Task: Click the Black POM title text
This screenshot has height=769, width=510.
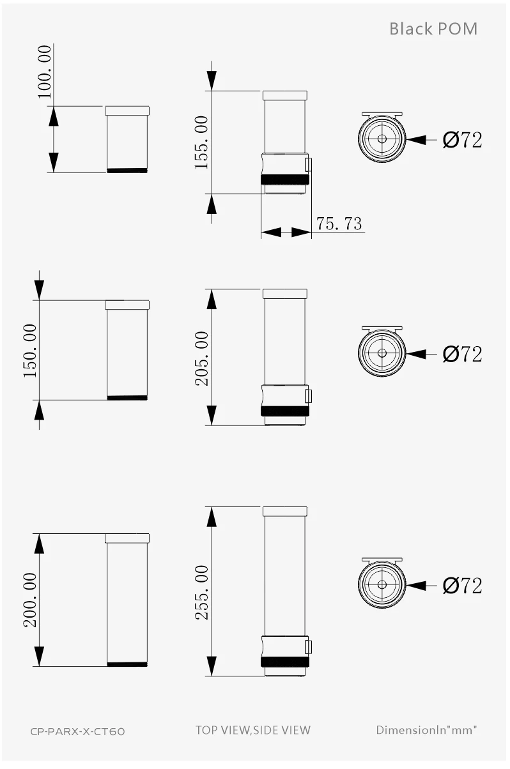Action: (433, 29)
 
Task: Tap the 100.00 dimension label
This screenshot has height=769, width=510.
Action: (45, 72)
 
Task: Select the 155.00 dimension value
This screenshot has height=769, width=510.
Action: (201, 142)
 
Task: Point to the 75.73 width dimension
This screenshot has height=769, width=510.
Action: (339, 224)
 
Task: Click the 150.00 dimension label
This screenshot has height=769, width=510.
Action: (30, 351)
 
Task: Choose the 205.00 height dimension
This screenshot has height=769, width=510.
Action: (201, 358)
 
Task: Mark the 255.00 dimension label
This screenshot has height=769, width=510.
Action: (201, 592)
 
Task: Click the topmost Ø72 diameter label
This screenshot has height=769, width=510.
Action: (462, 140)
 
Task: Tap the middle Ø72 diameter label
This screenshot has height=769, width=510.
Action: (462, 354)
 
